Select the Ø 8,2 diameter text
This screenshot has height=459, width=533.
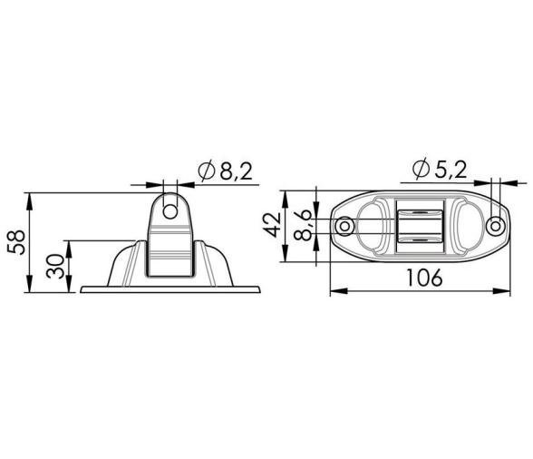tap(222, 170)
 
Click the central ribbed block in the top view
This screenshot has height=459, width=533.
tap(419, 227)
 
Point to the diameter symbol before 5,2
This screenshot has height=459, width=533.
tap(420, 170)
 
